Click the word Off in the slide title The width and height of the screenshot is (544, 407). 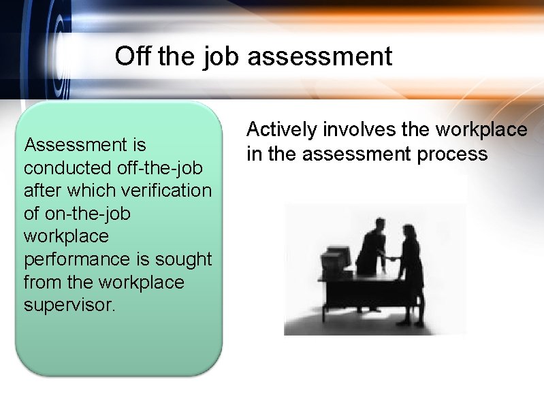point(133,56)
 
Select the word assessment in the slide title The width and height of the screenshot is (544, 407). point(320,56)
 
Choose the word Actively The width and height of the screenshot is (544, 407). point(282,130)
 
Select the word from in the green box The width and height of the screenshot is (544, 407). point(42,282)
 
